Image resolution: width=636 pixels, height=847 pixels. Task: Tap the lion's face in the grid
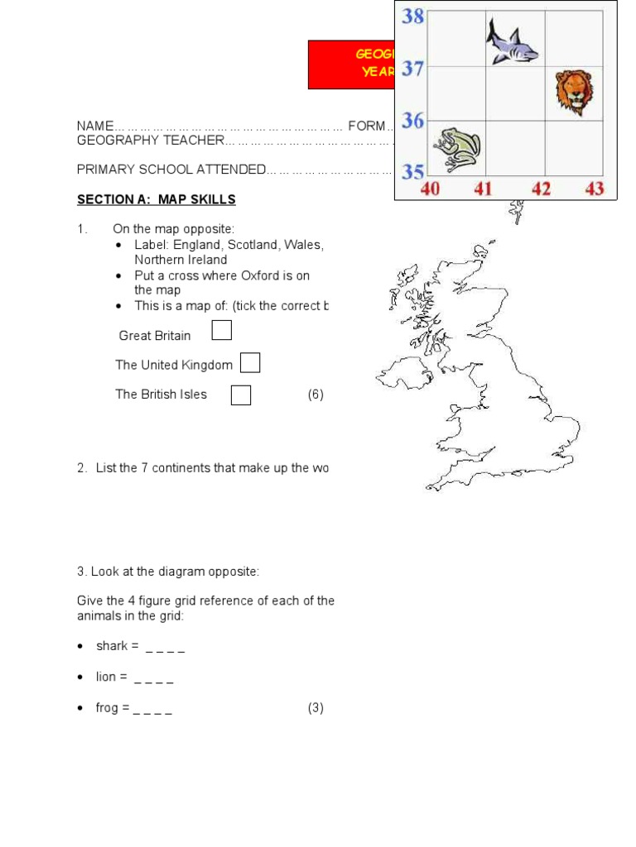point(573,91)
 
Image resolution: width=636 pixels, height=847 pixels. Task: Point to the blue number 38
point(413,15)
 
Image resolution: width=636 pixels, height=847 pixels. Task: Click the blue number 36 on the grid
point(413,121)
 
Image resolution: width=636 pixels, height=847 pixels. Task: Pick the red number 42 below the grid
point(541,189)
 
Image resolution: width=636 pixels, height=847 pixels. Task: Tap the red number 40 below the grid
point(431,189)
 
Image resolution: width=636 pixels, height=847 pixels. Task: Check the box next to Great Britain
point(221,332)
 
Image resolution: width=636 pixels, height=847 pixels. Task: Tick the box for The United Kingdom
point(250,363)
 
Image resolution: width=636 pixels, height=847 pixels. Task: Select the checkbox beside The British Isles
point(241,395)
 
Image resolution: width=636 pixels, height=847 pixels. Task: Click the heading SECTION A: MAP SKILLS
point(157,199)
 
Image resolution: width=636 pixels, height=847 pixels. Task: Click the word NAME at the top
point(94,126)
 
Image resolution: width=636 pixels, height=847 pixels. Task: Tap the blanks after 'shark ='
point(165,646)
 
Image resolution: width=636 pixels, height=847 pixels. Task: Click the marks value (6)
point(316,395)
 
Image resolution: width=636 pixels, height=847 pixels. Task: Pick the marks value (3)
point(316,708)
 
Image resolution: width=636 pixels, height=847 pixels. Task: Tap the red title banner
point(350,64)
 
